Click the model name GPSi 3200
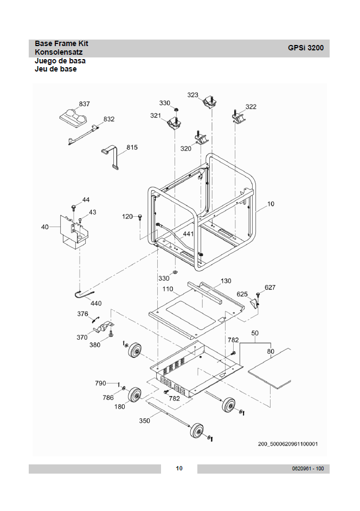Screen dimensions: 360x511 coord(306,48)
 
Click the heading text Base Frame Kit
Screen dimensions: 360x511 coord(61,44)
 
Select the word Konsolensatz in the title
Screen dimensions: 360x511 coord(59,52)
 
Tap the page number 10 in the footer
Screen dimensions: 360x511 coord(179,468)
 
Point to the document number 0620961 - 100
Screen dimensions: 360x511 coord(308,469)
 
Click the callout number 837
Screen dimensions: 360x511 coord(84,104)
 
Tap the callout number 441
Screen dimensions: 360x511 coord(188,234)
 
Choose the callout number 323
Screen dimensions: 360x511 coord(192,95)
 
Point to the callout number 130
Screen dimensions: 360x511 coord(226,281)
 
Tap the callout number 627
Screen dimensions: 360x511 coord(270,287)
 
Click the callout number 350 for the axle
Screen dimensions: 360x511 coord(144,421)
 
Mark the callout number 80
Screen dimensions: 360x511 coord(271,351)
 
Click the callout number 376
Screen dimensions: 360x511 coord(82,314)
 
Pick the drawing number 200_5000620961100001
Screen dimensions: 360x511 coord(287,444)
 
